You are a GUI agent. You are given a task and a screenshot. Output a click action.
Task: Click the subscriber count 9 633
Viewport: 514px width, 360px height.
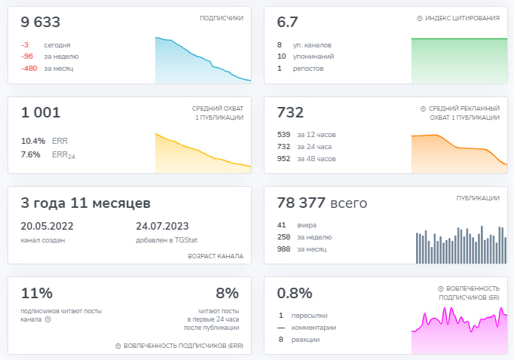(x=40, y=23)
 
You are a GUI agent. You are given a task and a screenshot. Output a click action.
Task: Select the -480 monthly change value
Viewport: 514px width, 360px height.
(x=29, y=69)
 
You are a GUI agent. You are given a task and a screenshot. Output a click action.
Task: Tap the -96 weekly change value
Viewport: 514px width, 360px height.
(x=27, y=56)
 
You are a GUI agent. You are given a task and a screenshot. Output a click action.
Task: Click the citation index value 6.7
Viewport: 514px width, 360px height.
(x=287, y=23)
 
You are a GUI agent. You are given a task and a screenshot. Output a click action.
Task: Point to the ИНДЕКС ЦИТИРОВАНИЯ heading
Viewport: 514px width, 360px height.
(x=462, y=18)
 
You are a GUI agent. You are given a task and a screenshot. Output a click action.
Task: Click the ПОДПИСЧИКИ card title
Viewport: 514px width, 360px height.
(x=222, y=18)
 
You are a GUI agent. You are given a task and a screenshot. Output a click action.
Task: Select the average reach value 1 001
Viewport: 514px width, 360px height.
(x=41, y=112)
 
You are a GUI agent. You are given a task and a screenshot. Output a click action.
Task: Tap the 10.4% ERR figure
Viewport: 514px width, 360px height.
(x=33, y=141)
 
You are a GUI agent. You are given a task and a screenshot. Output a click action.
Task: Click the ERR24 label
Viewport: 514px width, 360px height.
(x=63, y=155)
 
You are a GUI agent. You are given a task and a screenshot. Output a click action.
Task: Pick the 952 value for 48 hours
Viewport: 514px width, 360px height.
(x=284, y=159)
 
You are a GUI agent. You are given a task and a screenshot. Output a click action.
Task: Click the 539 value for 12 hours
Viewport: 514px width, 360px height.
(x=284, y=135)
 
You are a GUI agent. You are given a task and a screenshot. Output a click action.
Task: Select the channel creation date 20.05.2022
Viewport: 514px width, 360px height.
(x=47, y=226)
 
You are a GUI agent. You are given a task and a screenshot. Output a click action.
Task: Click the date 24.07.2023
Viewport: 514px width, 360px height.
(x=162, y=226)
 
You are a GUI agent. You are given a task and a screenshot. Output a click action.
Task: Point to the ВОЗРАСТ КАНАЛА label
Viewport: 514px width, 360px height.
(x=216, y=256)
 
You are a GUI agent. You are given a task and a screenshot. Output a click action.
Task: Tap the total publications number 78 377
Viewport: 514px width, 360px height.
(x=301, y=203)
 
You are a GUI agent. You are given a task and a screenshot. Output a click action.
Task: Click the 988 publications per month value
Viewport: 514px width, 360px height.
(x=284, y=249)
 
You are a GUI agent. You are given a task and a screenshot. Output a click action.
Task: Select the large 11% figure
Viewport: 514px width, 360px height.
(x=37, y=293)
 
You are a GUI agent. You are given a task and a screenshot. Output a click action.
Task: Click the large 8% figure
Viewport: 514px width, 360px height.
(x=227, y=293)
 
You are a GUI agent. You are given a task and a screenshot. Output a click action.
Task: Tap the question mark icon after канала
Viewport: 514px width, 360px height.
(x=48, y=319)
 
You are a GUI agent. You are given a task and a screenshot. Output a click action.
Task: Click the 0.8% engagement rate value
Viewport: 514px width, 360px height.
(x=295, y=293)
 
